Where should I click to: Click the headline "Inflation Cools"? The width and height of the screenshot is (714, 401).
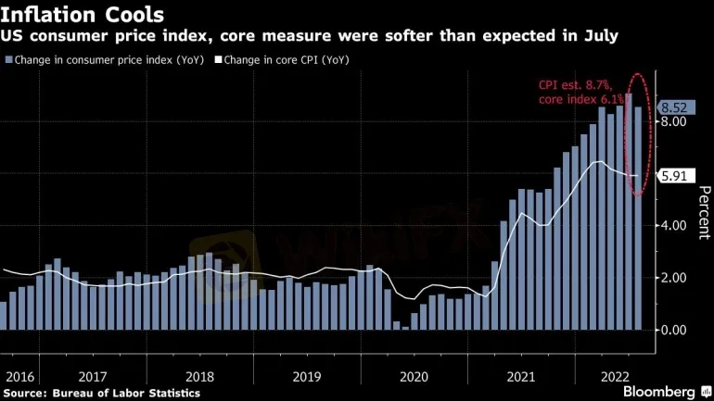click(x=83, y=15)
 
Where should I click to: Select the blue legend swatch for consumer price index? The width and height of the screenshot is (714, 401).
click(x=7, y=59)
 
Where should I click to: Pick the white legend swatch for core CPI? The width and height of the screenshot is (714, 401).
click(x=218, y=59)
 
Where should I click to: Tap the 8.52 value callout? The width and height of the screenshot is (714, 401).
click(x=677, y=107)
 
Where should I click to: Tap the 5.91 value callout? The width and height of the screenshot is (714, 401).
click(x=677, y=176)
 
